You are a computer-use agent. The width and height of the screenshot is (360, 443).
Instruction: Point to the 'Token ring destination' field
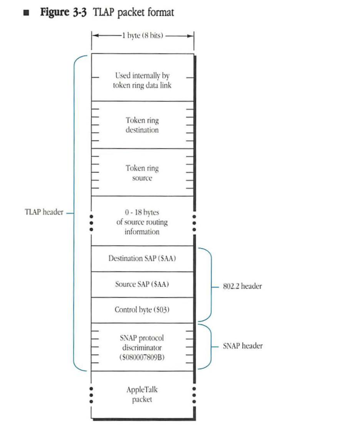tap(142, 125)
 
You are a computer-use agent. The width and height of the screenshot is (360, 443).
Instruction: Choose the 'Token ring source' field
tap(142, 173)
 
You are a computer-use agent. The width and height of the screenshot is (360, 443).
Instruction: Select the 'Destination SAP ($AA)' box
tap(142, 259)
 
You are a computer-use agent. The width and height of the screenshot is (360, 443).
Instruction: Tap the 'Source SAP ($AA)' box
tap(142, 284)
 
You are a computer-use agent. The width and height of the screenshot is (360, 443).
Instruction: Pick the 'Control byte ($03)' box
tap(142, 310)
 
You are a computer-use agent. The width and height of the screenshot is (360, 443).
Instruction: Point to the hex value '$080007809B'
tap(142, 357)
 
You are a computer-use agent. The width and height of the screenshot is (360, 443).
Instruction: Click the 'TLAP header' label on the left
tap(43, 212)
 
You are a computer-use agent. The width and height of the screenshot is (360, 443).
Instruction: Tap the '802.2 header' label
tap(242, 286)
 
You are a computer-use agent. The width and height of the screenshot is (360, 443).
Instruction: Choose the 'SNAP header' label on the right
tap(243, 346)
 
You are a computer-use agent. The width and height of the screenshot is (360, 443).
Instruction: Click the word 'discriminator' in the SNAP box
tap(142, 347)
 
